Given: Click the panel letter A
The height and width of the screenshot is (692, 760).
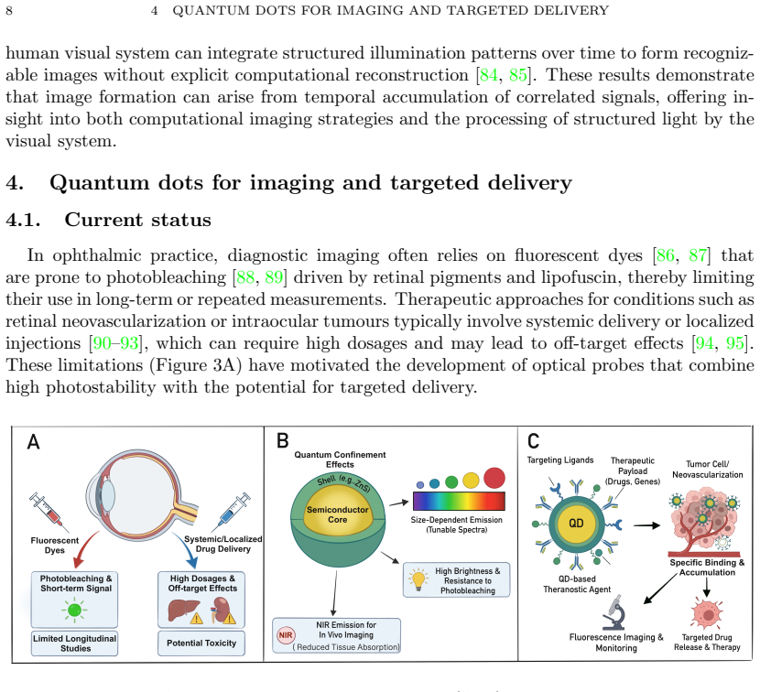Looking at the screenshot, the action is [x=34, y=442].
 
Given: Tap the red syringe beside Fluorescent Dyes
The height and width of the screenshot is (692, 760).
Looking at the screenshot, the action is [x=48, y=511].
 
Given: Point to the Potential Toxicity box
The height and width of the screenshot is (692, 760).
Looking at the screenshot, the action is [x=201, y=643].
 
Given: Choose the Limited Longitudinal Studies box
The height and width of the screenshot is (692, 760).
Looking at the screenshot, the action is [x=75, y=643].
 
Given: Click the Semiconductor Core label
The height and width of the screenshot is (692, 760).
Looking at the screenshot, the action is [x=337, y=514].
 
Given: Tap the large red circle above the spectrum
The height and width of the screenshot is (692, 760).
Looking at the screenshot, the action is [x=494, y=478].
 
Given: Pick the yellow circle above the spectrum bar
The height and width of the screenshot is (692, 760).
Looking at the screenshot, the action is [x=471, y=481].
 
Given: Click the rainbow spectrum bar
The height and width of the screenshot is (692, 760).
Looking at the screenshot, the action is [x=459, y=501].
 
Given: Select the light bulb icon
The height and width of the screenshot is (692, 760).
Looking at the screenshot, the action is [x=418, y=578].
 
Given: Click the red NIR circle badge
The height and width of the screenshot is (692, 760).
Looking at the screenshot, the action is [x=286, y=635].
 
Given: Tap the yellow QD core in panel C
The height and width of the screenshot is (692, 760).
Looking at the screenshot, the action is [x=576, y=524].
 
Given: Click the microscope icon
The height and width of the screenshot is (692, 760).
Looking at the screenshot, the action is [x=615, y=613].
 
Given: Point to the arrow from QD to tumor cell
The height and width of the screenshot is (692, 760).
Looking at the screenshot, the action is [x=646, y=524].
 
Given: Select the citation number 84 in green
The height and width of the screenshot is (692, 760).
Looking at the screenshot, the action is [x=489, y=75].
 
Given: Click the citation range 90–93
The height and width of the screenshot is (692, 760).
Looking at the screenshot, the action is [x=116, y=343].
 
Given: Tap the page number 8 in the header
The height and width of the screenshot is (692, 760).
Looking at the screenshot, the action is [x=9, y=10].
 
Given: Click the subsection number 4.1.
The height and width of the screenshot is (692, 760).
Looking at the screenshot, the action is [x=23, y=220].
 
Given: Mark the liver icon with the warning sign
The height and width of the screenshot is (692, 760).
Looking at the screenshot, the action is [x=185, y=611].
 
